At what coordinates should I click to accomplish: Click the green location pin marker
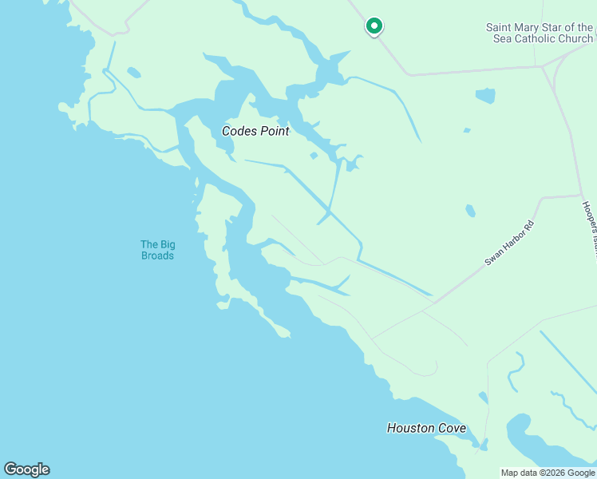tap(374, 26)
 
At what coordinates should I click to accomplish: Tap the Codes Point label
tap(255, 131)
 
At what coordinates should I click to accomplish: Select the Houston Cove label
tap(426, 428)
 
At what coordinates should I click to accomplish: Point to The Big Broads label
tap(157, 250)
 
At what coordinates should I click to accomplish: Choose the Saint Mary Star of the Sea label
tap(540, 33)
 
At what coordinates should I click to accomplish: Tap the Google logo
tap(26, 469)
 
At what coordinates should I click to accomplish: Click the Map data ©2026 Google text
tap(548, 473)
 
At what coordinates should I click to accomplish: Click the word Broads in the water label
tap(157, 255)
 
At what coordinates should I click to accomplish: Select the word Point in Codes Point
tap(273, 131)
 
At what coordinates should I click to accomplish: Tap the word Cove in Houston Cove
tap(450, 428)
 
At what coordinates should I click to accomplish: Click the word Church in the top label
tap(576, 38)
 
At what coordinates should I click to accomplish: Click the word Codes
tap(238, 131)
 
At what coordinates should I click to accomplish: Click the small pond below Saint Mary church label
tap(485, 96)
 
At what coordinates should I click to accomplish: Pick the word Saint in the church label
tap(500, 27)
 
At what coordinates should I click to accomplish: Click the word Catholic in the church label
tap(538, 38)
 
